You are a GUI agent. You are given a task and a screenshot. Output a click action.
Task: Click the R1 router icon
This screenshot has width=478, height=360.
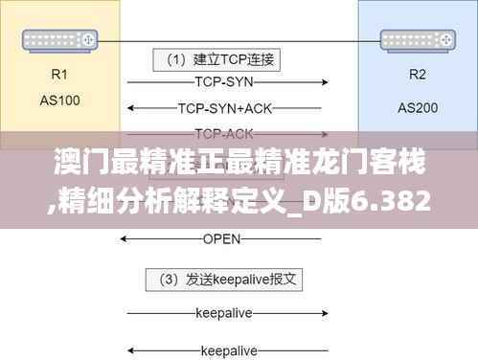[60, 40]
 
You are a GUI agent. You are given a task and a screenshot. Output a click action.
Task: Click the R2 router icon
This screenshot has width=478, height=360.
[417, 40]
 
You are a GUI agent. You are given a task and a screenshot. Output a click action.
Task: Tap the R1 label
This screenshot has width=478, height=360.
[60, 72]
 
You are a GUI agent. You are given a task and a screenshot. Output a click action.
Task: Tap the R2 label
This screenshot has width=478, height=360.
[418, 74]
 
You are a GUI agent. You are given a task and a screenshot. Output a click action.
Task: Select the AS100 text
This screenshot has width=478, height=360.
[60, 100]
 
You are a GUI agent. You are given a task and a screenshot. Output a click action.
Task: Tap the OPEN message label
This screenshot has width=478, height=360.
[221, 237]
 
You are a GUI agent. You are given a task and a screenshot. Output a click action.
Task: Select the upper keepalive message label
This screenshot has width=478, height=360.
[221, 312]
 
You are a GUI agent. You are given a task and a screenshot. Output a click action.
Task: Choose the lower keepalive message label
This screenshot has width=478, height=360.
[221, 349]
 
